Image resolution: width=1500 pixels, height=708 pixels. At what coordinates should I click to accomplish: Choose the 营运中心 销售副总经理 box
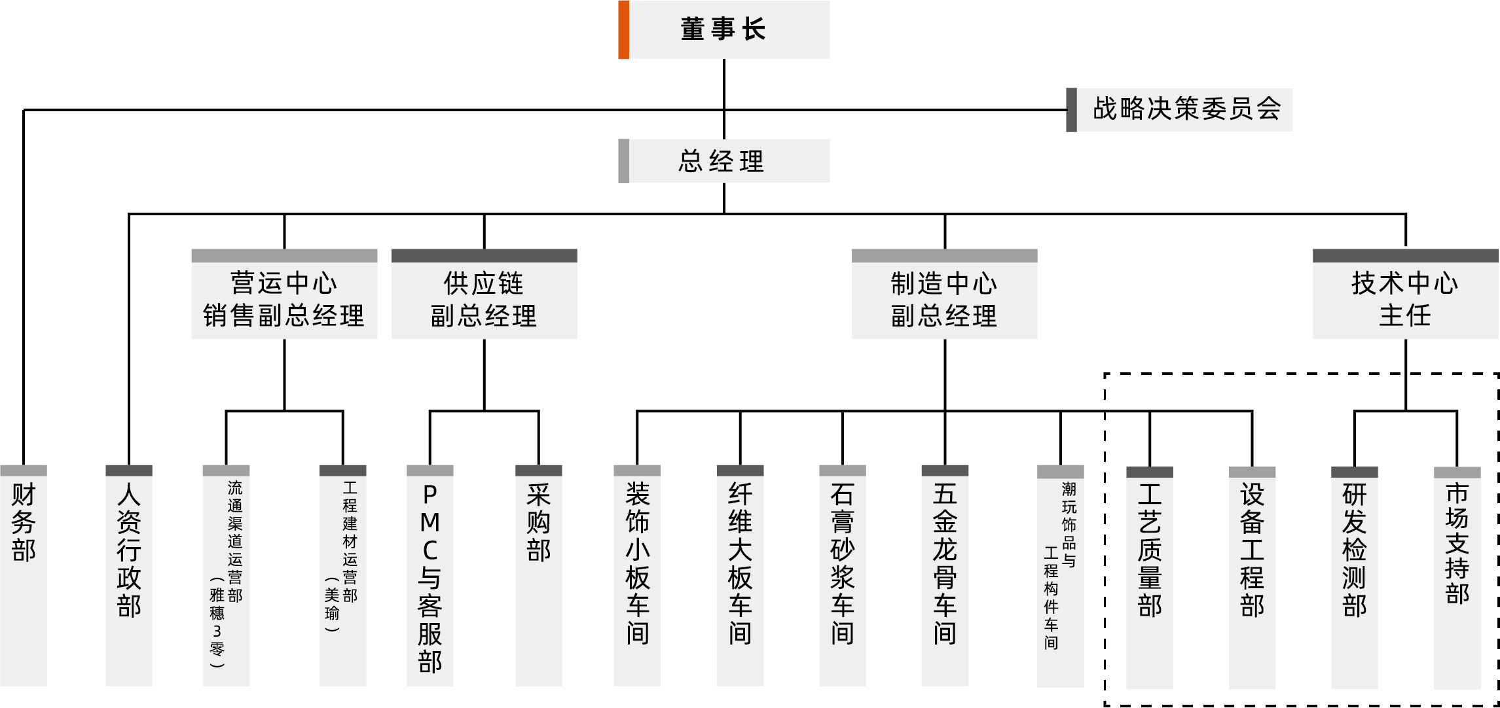pos(284,300)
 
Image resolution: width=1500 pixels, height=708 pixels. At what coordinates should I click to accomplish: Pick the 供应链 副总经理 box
pos(484,300)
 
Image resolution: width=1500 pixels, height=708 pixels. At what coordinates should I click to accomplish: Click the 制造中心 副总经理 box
pos(944,300)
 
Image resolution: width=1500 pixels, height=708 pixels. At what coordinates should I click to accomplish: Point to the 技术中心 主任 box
pos(1405,300)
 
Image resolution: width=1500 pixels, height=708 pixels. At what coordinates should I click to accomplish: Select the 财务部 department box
pos(24,576)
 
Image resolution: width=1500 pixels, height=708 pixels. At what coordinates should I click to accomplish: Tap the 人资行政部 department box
pos(129,576)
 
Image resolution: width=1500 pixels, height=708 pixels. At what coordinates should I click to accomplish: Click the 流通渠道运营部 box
pos(226,576)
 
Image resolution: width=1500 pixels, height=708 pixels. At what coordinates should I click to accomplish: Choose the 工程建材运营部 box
pos(342,576)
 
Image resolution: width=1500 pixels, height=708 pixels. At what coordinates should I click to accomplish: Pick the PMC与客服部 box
pos(430,576)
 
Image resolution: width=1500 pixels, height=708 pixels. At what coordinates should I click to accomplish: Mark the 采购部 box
pos(538,576)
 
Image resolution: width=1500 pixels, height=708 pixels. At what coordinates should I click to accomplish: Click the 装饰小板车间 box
pos(637,576)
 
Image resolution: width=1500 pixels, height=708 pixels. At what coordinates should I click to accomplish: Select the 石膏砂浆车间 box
pos(842,576)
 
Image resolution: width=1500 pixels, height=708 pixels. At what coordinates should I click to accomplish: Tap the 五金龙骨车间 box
pos(945,576)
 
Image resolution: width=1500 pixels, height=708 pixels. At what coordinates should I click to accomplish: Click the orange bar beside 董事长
pos(623,29)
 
